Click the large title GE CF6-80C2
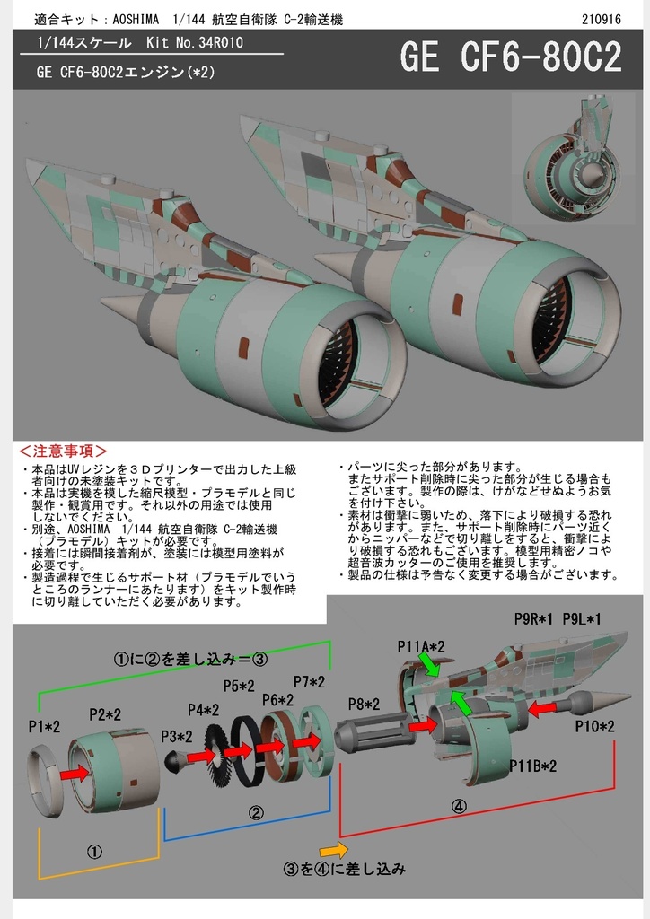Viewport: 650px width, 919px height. coord(510,59)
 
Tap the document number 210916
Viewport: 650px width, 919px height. coord(599,19)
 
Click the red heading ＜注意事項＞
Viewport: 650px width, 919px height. coord(64,451)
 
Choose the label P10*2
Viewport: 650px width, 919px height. coord(595,725)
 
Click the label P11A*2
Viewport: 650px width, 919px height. coord(421,645)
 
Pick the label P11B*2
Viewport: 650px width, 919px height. coord(533,766)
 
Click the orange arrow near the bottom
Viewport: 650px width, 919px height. coord(333,848)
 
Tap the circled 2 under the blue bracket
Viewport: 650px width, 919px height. coord(256,814)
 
